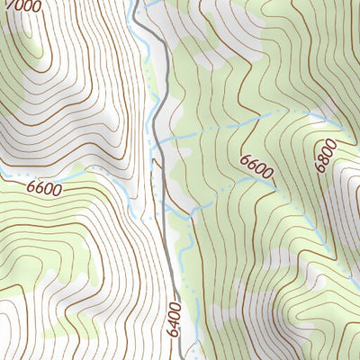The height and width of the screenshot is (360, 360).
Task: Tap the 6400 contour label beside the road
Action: click(x=174, y=319)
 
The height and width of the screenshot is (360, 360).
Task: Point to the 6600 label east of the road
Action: click(x=255, y=168)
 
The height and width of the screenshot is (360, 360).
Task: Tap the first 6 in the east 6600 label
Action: click(x=244, y=159)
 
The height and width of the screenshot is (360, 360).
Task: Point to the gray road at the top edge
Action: click(x=136, y=4)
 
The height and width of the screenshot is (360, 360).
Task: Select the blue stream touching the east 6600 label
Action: click(x=266, y=180)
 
